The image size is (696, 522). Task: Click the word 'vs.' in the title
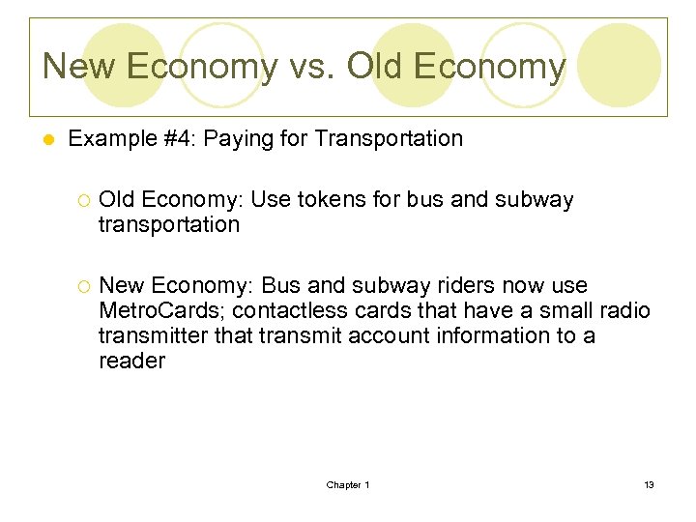311,66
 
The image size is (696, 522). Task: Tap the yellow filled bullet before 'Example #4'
47,140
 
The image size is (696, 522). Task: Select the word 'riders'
443,286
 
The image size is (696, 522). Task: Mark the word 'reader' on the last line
131,362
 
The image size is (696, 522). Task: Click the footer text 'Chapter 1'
348,484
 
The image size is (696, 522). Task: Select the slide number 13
649,484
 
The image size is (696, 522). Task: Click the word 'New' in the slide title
77,66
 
